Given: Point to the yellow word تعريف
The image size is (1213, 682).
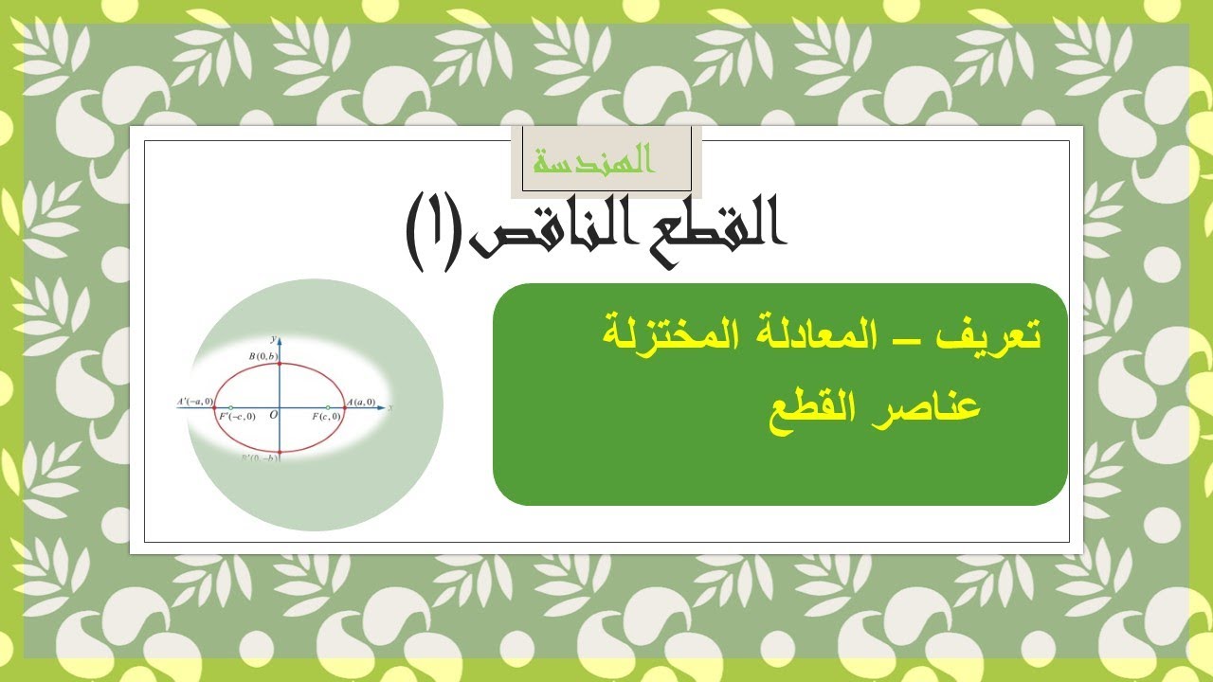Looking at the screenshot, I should click(x=997, y=336).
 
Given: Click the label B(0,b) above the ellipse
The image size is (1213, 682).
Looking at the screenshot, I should click(x=263, y=355).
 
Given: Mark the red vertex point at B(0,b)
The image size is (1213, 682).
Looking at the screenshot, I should click(x=281, y=365).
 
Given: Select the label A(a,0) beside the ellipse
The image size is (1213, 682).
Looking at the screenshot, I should click(x=362, y=403).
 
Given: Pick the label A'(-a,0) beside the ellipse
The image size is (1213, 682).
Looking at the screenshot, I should click(x=195, y=402).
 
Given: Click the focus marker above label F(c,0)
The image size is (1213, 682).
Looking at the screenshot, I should click(x=328, y=408).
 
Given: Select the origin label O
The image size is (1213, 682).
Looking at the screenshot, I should click(x=273, y=415).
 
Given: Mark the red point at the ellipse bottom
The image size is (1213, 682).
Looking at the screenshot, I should click(x=281, y=452).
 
